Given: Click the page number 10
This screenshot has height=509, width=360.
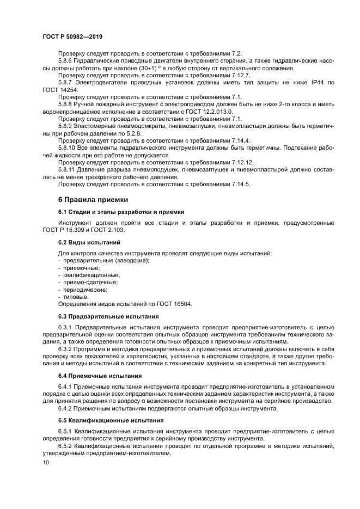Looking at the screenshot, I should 45,462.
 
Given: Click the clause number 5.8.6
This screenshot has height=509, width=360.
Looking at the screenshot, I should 66,62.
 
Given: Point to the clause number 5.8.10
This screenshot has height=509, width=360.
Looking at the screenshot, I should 68,148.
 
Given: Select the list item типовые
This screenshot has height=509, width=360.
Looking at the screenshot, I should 76,297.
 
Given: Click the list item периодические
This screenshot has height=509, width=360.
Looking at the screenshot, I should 85,290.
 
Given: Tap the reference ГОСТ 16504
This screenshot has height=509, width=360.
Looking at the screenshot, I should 173,304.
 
